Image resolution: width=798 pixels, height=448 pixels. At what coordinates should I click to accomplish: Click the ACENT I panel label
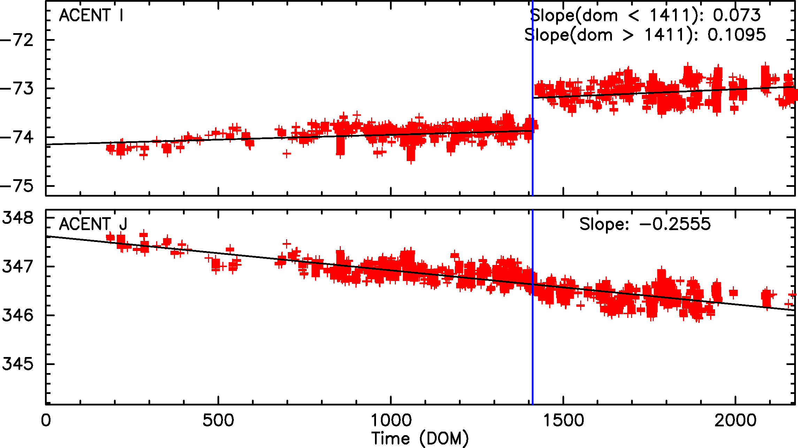coord(91,15)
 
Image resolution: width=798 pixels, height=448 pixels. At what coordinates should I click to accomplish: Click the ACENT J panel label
coord(93,224)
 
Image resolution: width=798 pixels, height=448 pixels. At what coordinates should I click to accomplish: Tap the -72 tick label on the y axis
coord(17,40)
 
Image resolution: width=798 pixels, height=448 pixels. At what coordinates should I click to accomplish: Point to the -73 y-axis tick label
coord(17,89)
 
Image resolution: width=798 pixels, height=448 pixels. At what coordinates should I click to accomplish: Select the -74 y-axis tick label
coord(17,137)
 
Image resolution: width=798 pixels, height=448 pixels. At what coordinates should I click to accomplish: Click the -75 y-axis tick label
coord(17,186)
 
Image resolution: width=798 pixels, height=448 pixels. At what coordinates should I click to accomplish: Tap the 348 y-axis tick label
coord(18,218)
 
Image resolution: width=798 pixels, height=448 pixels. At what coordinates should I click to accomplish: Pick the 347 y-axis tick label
coord(18,267)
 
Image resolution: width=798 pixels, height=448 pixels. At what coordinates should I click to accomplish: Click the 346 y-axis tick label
coord(18,316)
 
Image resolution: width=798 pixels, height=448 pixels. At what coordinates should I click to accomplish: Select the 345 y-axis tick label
coord(18,364)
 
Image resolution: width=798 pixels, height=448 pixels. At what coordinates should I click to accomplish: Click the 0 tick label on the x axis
coord(46,420)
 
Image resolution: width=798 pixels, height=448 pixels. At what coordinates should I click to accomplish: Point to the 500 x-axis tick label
coord(218,420)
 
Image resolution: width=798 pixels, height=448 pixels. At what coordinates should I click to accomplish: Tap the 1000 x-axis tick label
coord(391,420)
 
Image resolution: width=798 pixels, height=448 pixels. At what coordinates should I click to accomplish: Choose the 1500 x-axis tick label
coord(563,420)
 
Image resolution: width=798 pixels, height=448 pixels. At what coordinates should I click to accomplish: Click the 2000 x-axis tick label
coord(736,420)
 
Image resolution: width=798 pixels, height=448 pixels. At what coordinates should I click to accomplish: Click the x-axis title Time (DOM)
coord(420,438)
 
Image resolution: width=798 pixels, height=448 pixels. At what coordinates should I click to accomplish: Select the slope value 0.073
coord(737,15)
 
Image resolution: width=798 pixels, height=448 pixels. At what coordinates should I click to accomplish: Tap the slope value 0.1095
coord(737,35)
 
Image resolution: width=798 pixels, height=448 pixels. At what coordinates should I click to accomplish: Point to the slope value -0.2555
coord(675,224)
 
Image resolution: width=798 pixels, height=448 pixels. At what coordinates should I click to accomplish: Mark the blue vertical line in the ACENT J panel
coord(533,349)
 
